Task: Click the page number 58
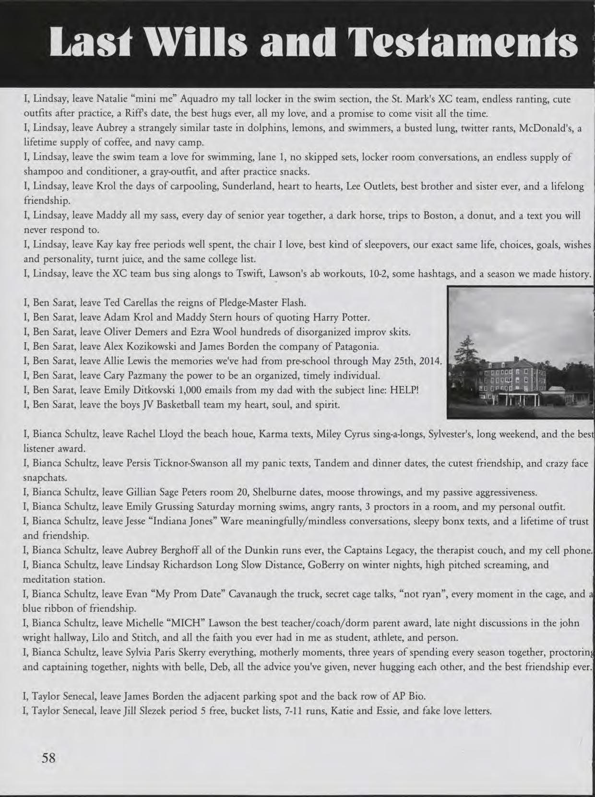pos(49,758)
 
